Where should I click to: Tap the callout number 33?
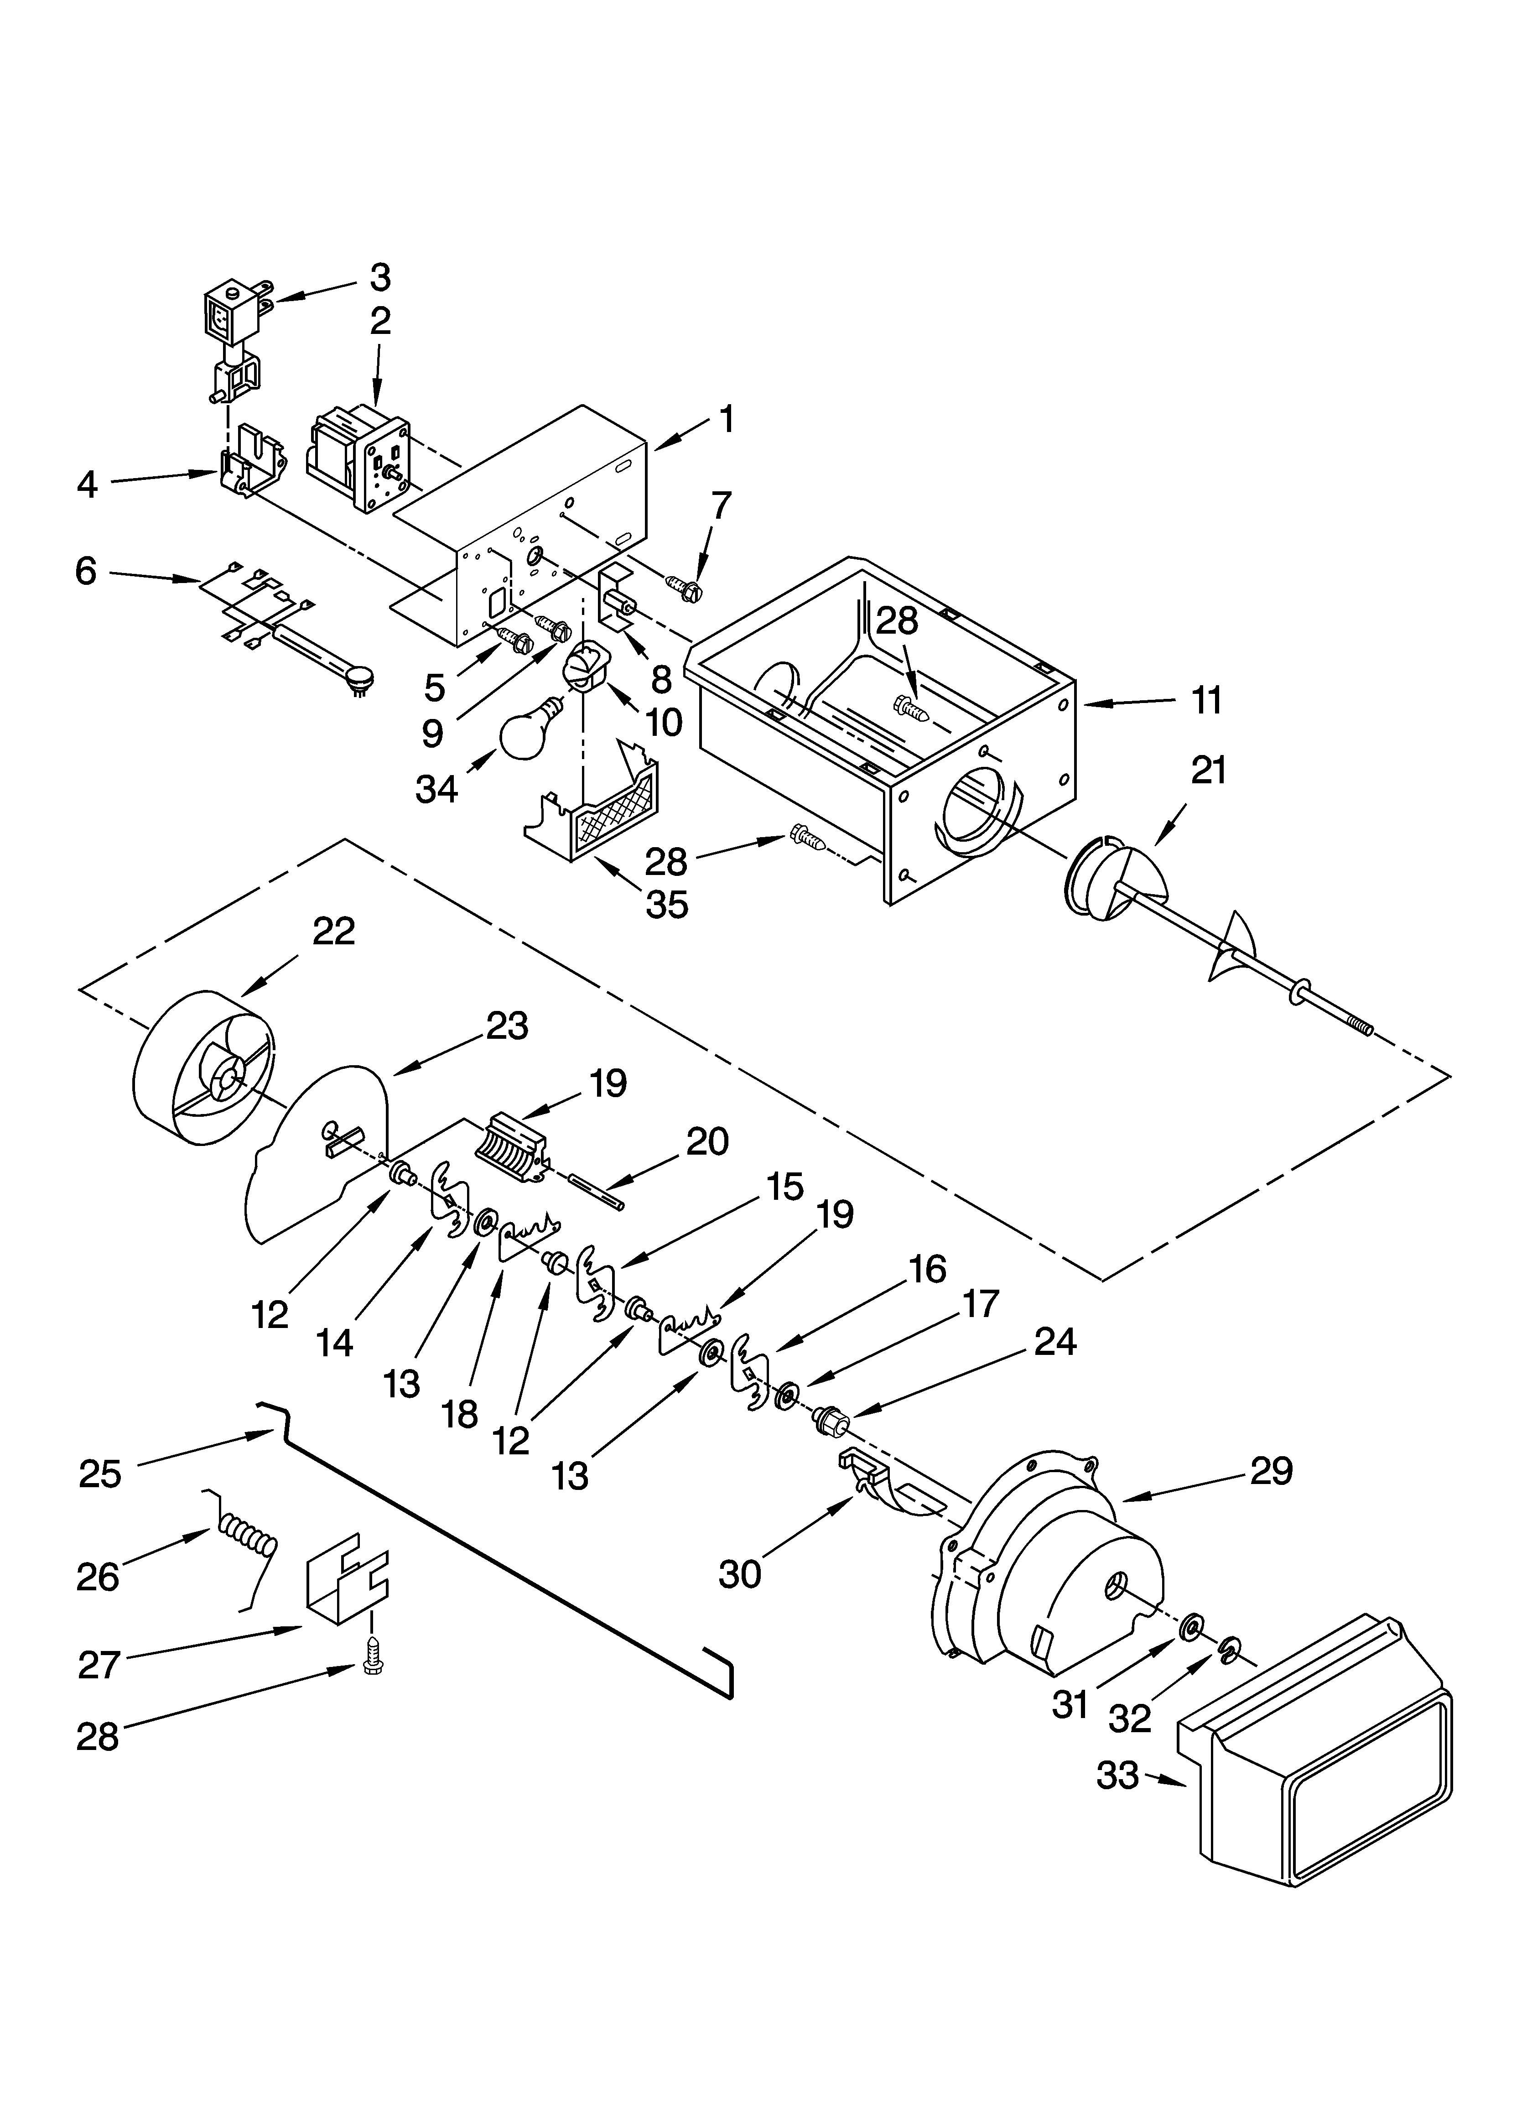tap(1117, 1775)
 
